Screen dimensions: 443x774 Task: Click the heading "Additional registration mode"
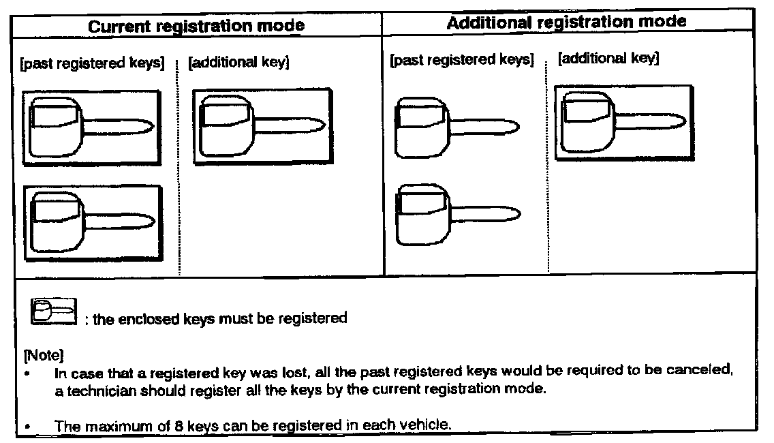point(566,22)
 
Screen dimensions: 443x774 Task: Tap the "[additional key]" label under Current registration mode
point(239,63)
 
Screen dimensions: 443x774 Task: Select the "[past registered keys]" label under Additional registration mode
point(461,60)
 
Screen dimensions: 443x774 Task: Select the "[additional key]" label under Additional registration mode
point(608,59)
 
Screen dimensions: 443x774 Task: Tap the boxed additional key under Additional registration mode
point(623,123)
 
